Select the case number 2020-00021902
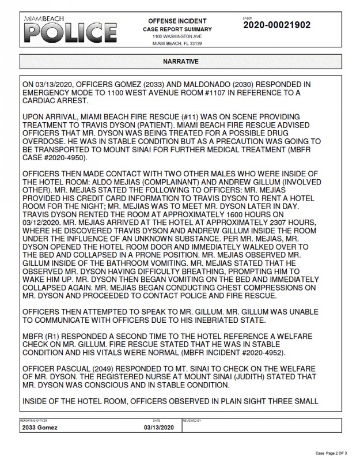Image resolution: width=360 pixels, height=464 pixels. tap(277, 25)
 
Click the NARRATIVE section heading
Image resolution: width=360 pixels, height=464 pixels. tap(180, 61)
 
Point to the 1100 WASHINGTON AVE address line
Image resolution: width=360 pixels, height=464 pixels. tap(177, 36)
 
